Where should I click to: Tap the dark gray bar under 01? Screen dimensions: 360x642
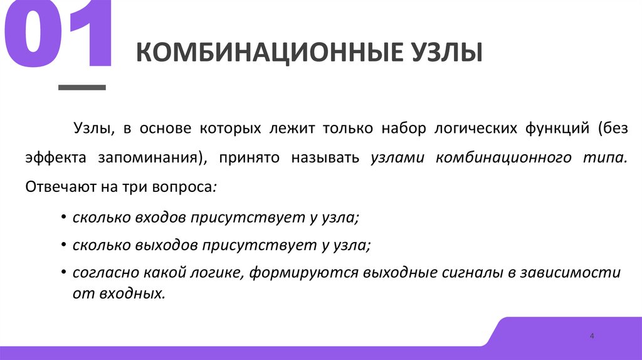[x=82, y=88]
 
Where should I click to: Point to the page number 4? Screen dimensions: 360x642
[x=592, y=337]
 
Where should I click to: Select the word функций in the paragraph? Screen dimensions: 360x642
[x=552, y=129]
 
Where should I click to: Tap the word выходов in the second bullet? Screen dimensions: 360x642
[x=166, y=245]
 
